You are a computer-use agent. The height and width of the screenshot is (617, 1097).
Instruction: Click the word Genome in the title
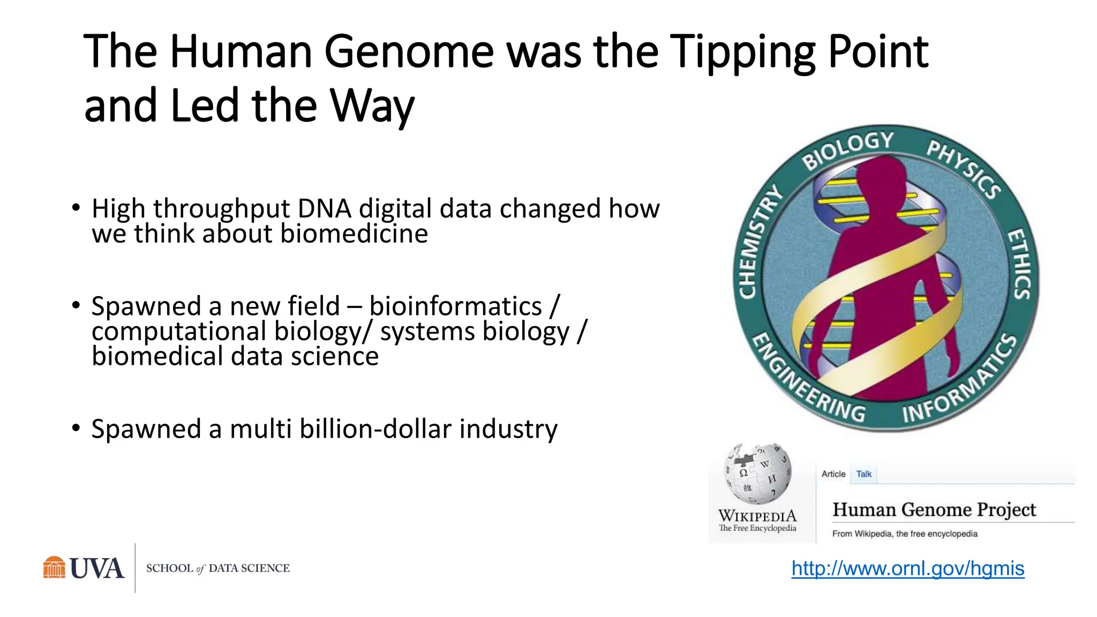(x=409, y=52)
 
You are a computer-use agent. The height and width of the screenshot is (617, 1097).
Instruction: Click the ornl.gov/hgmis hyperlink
(x=907, y=568)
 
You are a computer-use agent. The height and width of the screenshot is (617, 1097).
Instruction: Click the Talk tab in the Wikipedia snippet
(x=863, y=474)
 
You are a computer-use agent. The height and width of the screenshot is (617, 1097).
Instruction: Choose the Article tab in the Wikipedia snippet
(x=833, y=474)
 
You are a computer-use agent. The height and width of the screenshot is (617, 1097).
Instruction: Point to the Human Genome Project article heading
(x=934, y=509)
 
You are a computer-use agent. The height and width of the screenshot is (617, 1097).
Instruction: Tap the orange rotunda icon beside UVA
(x=54, y=568)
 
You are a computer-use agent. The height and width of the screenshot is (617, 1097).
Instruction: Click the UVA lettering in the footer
(x=97, y=568)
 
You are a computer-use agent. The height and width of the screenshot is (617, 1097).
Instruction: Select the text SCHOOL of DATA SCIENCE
(x=217, y=568)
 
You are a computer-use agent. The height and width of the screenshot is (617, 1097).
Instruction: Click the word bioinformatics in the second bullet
(x=455, y=306)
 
